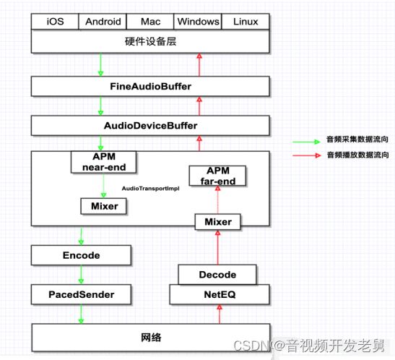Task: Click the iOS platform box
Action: pyautogui.click(x=55, y=22)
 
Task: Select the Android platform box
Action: pyautogui.click(x=103, y=22)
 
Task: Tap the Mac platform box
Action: pyautogui.click(x=150, y=22)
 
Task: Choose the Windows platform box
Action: pyautogui.click(x=198, y=22)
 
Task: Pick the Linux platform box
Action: pyautogui.click(x=246, y=22)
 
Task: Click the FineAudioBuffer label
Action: pyautogui.click(x=151, y=87)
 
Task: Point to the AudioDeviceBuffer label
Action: pyautogui.click(x=151, y=126)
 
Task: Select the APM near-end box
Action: pyautogui.click(x=104, y=162)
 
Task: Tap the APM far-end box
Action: pyautogui.click(x=217, y=176)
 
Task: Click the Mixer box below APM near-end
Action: pyautogui.click(x=103, y=206)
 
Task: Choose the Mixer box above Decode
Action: pyautogui.click(x=218, y=222)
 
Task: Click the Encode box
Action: pyautogui.click(x=81, y=255)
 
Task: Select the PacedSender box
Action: pyautogui.click(x=81, y=294)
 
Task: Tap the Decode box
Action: pyautogui.click(x=217, y=275)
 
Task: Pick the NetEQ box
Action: pyautogui.click(x=220, y=294)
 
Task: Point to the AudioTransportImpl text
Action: pyautogui.click(x=151, y=189)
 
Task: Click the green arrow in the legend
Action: pyautogui.click(x=306, y=142)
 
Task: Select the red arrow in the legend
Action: pyautogui.click(x=306, y=155)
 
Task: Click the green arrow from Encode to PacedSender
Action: pyautogui.click(x=81, y=275)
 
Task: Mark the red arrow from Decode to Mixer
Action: pyautogui.click(x=218, y=247)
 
